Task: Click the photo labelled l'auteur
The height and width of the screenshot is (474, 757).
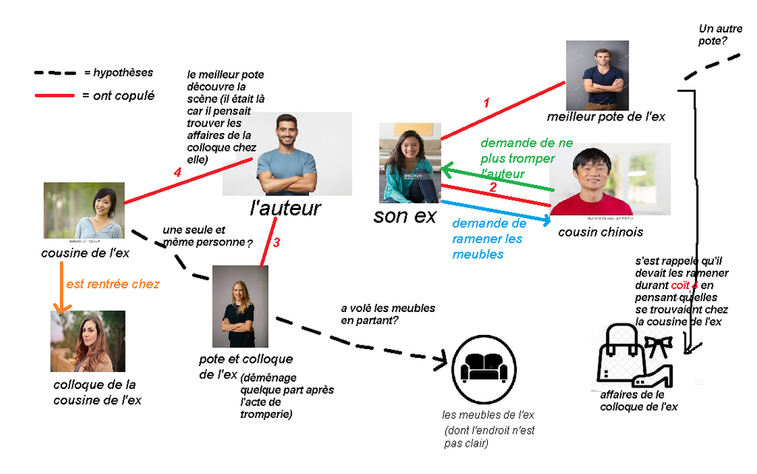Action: pyautogui.click(x=287, y=154)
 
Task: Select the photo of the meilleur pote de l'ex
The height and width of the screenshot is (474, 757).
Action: pyautogui.click(x=597, y=75)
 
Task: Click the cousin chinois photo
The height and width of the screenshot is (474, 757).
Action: pyautogui.click(x=611, y=179)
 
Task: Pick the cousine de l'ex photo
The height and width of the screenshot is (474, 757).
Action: pyautogui.click(x=84, y=211)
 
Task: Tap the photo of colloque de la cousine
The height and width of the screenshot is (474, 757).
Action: pyautogui.click(x=87, y=341)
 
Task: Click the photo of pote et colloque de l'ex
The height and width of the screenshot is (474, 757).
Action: pyautogui.click(x=240, y=307)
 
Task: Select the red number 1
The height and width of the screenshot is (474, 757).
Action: pyautogui.click(x=486, y=104)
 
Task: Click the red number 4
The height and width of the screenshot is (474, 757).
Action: pyautogui.click(x=177, y=172)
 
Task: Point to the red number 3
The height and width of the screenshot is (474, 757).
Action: pyautogui.click(x=276, y=242)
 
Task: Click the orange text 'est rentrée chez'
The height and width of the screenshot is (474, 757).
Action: pyautogui.click(x=112, y=284)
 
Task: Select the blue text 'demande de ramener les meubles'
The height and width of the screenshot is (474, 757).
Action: pyautogui.click(x=489, y=239)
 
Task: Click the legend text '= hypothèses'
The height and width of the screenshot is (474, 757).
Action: pyautogui.click(x=118, y=72)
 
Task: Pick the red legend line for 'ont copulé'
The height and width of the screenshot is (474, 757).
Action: pyautogui.click(x=54, y=95)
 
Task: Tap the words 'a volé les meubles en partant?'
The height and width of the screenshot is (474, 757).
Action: pyautogui.click(x=387, y=314)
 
